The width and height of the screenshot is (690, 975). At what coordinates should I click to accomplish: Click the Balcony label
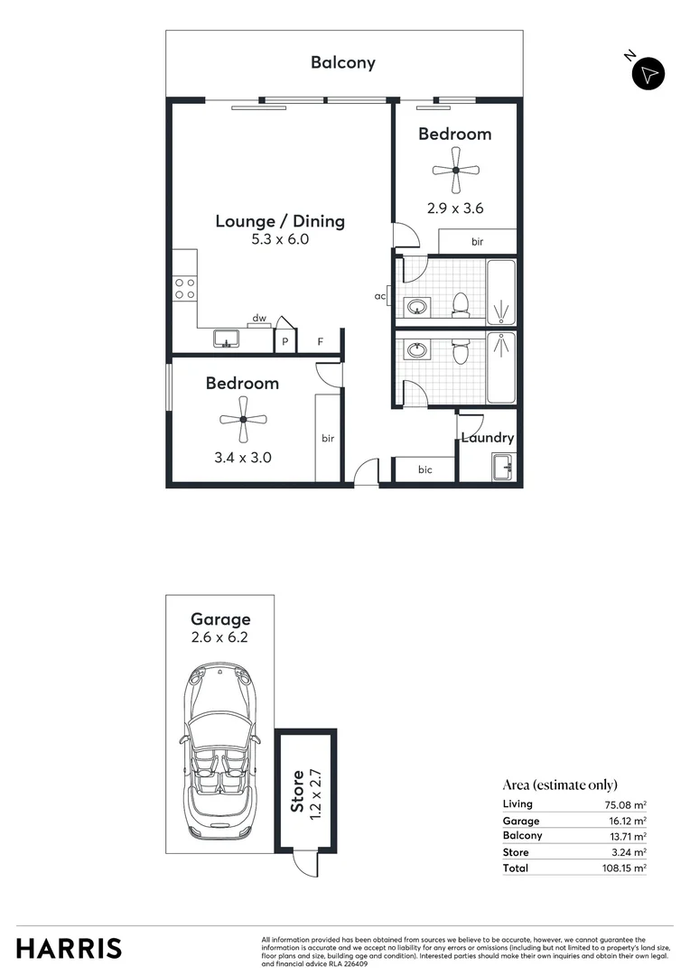click(343, 62)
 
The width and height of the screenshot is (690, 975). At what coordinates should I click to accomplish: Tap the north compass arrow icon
click(648, 74)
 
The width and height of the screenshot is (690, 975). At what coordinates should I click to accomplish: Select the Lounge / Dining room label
click(280, 221)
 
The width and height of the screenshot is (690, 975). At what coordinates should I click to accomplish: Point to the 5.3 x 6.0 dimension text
click(280, 240)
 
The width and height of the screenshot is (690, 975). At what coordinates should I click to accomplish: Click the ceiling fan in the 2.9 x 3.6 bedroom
click(456, 170)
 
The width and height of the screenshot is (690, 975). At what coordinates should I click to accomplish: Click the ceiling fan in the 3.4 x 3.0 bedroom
click(243, 418)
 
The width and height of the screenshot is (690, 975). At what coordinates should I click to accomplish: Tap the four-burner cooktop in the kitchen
click(185, 288)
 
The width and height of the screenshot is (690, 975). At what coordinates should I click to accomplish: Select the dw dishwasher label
click(259, 318)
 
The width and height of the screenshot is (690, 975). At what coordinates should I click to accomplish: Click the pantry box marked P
click(285, 342)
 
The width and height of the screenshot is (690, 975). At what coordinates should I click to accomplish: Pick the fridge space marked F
click(320, 342)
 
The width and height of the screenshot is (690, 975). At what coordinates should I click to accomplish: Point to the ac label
click(381, 295)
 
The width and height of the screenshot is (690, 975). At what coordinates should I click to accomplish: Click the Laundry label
click(488, 438)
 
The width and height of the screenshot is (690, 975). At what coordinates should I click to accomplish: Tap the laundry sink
click(502, 468)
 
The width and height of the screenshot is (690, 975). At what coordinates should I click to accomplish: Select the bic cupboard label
click(424, 469)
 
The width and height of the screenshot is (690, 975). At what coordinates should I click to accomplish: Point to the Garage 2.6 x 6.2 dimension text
click(220, 636)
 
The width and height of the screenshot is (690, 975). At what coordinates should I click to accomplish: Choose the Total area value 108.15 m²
click(627, 868)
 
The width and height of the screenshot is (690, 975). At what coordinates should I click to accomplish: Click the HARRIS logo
click(69, 949)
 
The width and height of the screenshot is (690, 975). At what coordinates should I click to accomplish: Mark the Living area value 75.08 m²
click(629, 804)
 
